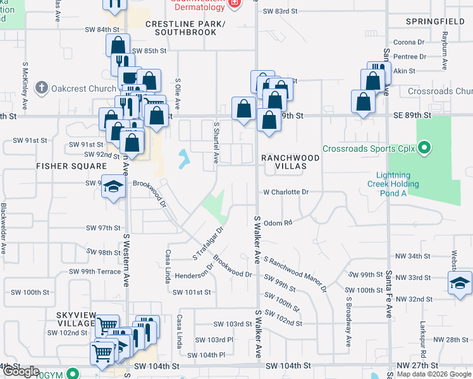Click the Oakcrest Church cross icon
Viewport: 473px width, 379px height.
click(42, 88)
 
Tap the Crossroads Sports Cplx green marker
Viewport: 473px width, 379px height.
click(424, 149)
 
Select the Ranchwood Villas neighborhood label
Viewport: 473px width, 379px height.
click(282, 161)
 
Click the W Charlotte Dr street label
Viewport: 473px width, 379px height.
click(286, 192)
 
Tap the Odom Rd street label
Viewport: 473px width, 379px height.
click(278, 222)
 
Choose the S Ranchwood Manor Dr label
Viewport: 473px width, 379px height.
click(295, 274)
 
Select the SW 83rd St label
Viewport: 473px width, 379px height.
click(279, 11)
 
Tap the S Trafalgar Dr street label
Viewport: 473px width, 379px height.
click(209, 244)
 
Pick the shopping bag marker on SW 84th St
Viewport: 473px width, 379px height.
click(118, 45)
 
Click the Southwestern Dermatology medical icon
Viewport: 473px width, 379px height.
click(235, 3)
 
